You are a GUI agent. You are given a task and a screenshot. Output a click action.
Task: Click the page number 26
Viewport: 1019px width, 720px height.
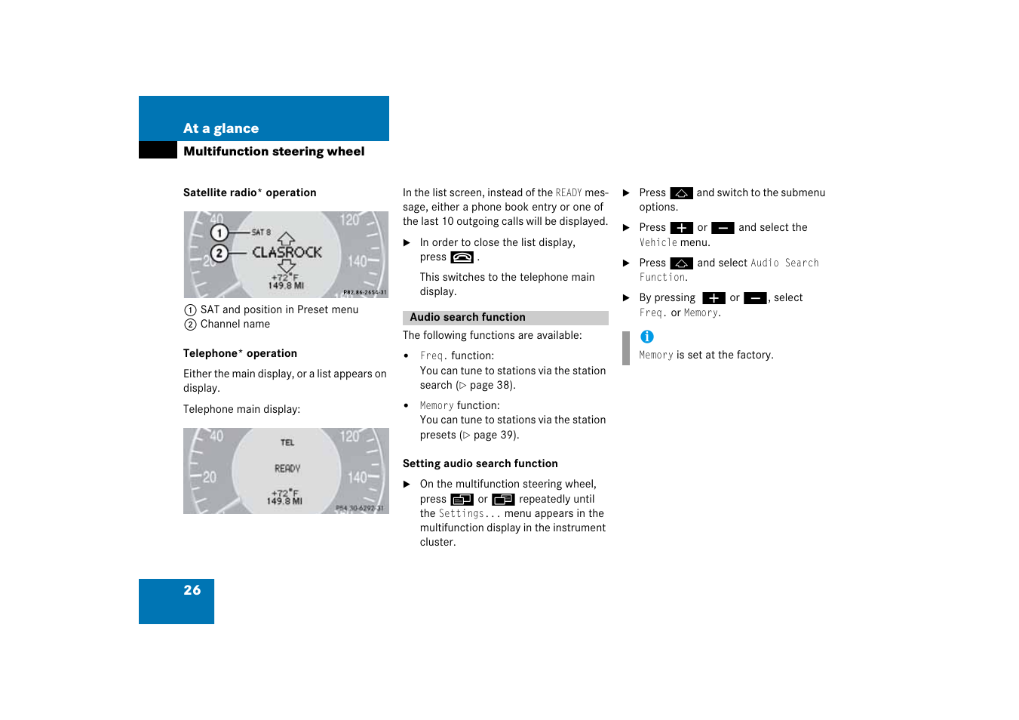pos(192,590)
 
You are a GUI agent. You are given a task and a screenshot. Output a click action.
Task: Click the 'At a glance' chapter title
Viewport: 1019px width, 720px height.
pos(221,128)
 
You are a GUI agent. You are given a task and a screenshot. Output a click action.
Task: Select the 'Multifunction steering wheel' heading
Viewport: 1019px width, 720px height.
pos(274,152)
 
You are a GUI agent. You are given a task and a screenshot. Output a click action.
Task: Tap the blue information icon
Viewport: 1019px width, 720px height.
pos(647,337)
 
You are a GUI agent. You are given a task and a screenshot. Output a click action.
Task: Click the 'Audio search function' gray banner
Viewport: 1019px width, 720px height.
pos(505,318)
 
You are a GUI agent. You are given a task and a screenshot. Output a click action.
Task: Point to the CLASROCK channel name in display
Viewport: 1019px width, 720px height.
pos(287,252)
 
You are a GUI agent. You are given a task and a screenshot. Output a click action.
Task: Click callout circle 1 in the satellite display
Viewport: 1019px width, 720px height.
pos(219,232)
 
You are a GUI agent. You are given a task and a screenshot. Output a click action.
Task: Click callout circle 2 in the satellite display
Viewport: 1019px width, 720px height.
pos(219,253)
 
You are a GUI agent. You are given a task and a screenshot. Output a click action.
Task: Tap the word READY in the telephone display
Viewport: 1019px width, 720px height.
pos(287,469)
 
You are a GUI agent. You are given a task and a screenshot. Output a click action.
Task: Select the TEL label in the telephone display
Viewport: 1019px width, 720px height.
pos(287,443)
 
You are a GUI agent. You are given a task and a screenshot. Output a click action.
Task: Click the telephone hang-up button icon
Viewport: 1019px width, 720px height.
pos(462,257)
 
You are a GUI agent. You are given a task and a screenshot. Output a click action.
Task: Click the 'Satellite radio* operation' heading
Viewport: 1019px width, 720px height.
pos(250,193)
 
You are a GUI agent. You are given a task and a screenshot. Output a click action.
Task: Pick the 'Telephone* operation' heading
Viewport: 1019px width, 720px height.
pos(240,353)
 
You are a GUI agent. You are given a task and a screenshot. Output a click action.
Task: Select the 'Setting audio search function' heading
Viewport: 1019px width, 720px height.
pos(480,463)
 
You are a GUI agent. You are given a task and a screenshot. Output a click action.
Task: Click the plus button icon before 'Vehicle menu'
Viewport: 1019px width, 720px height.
pos(681,228)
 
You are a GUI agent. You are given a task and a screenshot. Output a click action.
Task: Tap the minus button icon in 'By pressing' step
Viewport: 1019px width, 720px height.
pos(755,298)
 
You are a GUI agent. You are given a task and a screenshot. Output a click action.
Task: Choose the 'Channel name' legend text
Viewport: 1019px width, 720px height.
pos(235,325)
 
